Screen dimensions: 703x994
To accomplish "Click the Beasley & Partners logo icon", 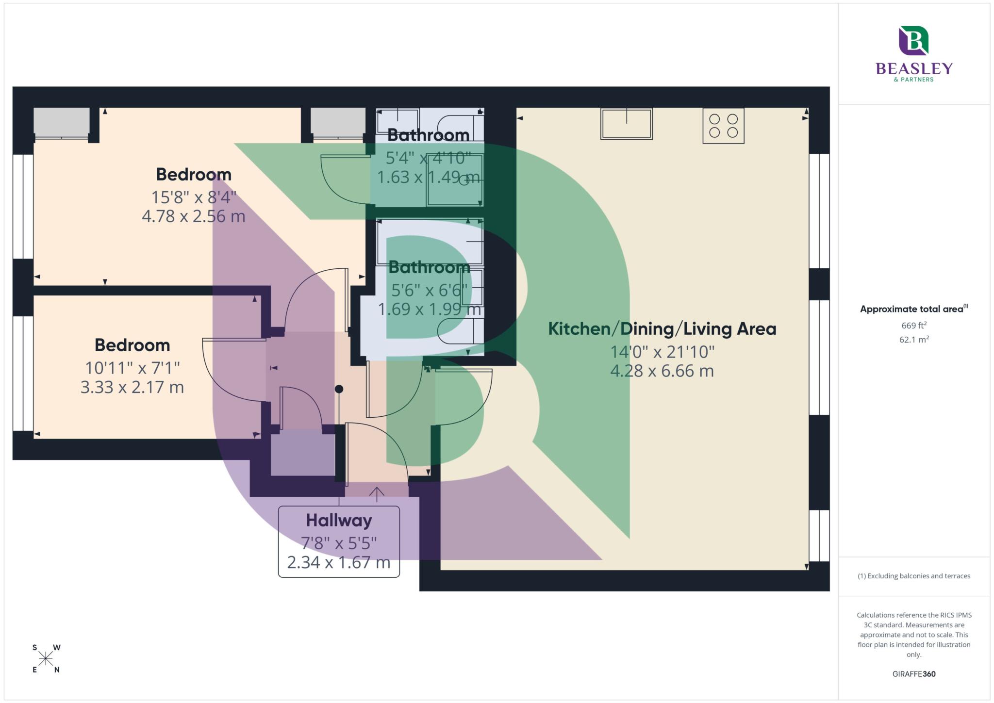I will pos(913,41).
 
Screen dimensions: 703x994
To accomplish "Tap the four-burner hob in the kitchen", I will pos(723,126).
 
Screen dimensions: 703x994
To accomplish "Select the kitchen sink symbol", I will pos(626,124).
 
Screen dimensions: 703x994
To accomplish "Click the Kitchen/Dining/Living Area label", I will pos(662,329).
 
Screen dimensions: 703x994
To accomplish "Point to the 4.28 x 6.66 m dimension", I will pos(662,371).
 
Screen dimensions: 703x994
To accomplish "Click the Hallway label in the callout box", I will pos(339,521).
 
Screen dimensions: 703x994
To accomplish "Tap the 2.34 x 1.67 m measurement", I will pos(339,562).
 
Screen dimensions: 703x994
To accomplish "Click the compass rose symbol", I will pos(46,659).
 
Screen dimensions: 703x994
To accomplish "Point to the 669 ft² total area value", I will pos(913,325).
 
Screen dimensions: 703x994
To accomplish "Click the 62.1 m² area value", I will pos(913,340).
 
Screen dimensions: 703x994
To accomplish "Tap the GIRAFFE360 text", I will pos(913,674).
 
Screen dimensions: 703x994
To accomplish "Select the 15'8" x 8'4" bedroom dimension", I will pos(194,197).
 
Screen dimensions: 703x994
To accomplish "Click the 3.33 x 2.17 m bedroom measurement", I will pos(132,387).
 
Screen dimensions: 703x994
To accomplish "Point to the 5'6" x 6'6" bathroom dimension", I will pos(429,290).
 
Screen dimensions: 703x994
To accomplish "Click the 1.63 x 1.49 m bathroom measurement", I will pos(428,177).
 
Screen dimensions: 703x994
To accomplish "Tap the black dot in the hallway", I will pos(339,389).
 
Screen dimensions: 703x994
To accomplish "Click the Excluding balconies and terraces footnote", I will pos(913,576).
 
